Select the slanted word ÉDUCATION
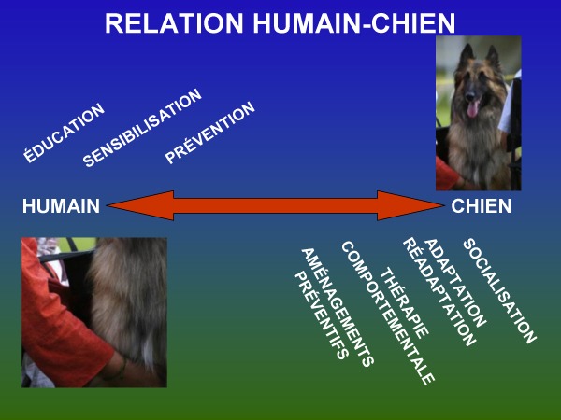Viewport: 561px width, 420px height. pos(64,133)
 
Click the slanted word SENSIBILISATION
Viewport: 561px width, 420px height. pos(142,128)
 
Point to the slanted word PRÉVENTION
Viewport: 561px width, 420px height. pos(210,133)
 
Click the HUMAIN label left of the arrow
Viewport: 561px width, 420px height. pos(61,206)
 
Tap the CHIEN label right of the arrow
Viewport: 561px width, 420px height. pos(482,206)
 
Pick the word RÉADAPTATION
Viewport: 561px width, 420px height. pos(439,292)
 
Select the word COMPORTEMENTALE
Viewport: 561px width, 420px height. pos(387,313)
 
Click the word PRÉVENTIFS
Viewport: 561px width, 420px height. pos(320,315)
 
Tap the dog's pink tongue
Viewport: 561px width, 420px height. pos(472,109)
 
